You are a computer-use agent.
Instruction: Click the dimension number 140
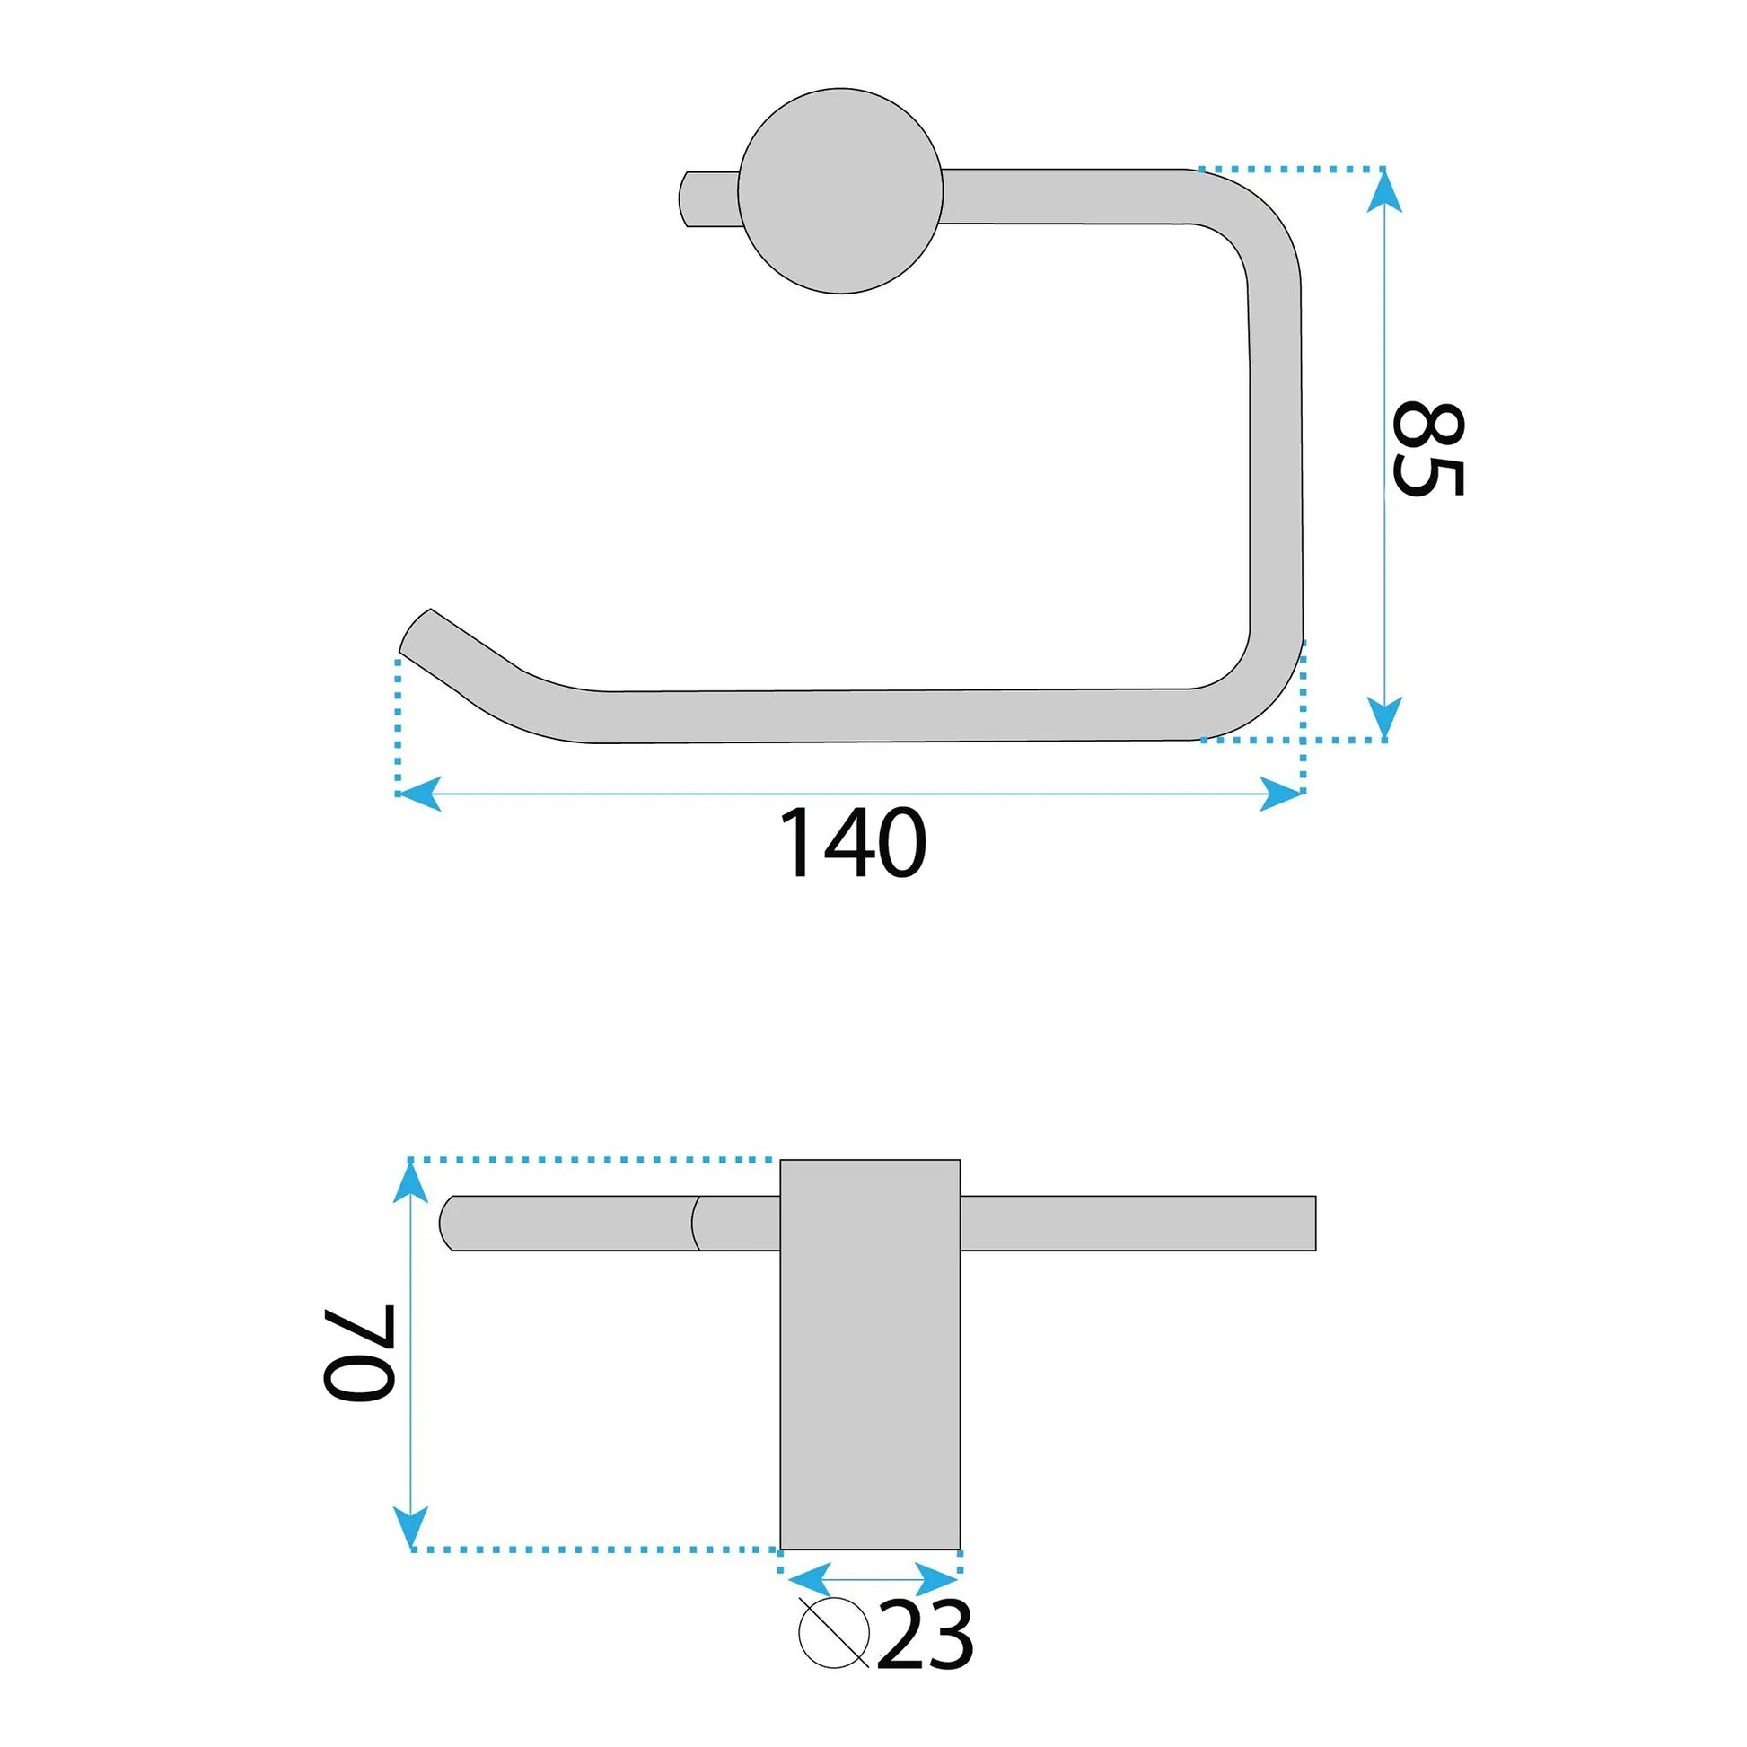[x=853, y=843]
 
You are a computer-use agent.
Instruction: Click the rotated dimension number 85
[x=1427, y=449]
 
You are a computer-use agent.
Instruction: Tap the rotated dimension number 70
[x=359, y=1354]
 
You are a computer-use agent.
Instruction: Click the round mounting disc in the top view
[x=840, y=191]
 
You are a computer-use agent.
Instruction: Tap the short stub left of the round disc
[x=709, y=198]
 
